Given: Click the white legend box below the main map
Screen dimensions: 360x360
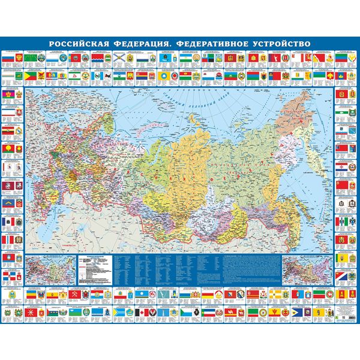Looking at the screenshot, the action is pyautogui.click(x=95, y=264).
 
